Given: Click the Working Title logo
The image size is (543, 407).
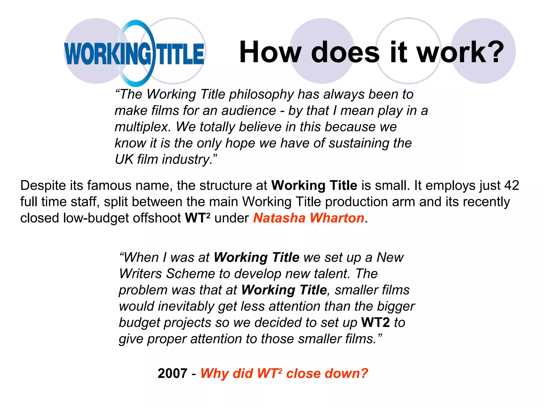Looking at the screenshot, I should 134,53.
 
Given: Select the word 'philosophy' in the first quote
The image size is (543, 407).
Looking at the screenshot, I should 261,95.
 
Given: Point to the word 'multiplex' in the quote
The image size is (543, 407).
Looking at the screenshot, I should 143,127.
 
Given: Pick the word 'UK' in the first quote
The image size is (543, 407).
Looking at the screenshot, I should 124,160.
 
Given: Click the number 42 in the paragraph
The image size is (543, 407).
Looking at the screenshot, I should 511,185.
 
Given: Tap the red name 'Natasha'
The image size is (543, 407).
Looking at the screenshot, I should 279,218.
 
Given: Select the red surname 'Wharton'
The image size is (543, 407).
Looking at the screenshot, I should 337,218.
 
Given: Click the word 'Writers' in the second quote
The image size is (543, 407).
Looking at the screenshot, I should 140,274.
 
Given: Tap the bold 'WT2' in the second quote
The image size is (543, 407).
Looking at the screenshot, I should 375,323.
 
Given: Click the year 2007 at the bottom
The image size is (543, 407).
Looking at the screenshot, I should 172,374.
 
